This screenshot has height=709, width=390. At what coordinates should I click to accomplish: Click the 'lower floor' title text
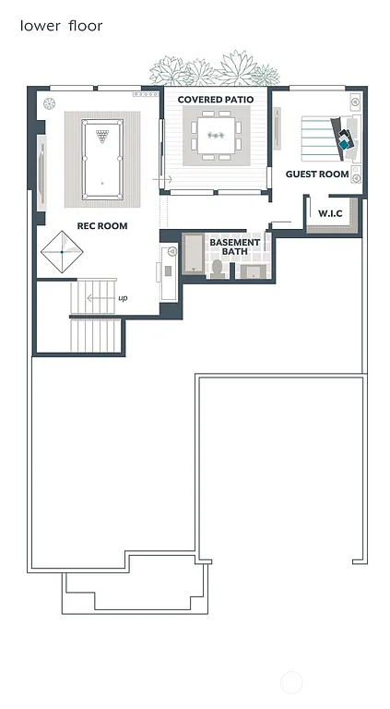(x=61, y=26)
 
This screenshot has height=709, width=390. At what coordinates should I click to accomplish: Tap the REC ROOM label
(x=102, y=225)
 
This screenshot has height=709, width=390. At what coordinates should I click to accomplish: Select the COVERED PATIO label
(x=215, y=100)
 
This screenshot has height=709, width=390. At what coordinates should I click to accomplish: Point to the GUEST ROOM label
(x=316, y=174)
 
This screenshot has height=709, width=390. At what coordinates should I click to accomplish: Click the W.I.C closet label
(x=330, y=214)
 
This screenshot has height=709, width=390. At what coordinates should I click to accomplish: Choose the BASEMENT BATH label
(x=234, y=246)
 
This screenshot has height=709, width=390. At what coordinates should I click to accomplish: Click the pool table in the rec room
(x=101, y=159)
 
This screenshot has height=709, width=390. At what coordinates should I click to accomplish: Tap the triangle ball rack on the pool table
(x=101, y=135)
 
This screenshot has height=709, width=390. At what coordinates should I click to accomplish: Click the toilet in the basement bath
(x=218, y=268)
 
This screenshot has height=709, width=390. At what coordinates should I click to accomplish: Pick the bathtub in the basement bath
(x=193, y=254)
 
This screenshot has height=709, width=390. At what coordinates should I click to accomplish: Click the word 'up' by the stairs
(x=123, y=298)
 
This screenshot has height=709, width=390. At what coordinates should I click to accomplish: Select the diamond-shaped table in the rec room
(x=62, y=252)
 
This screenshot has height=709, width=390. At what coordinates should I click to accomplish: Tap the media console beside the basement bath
(x=169, y=271)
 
